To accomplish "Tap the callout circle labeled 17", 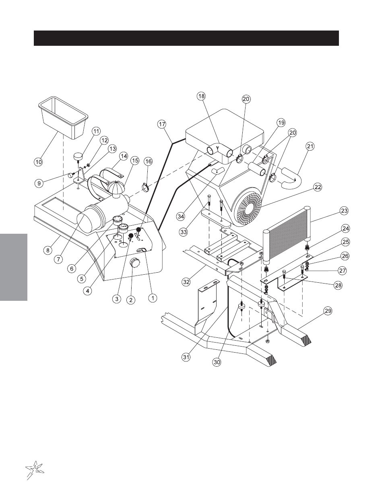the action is pyautogui.click(x=162, y=125).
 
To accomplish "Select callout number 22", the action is pyautogui.click(x=318, y=187).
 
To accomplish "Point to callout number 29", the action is pyautogui.click(x=328, y=311).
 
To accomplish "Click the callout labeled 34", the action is pyautogui.click(x=181, y=216).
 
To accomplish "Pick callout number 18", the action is pyautogui.click(x=201, y=96).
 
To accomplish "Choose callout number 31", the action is pyautogui.click(x=186, y=357).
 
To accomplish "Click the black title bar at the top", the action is pyautogui.click(x=186, y=38).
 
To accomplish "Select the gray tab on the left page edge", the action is pyautogui.click(x=14, y=267).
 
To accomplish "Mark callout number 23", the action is pyautogui.click(x=344, y=211).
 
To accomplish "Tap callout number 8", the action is pyautogui.click(x=47, y=250).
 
